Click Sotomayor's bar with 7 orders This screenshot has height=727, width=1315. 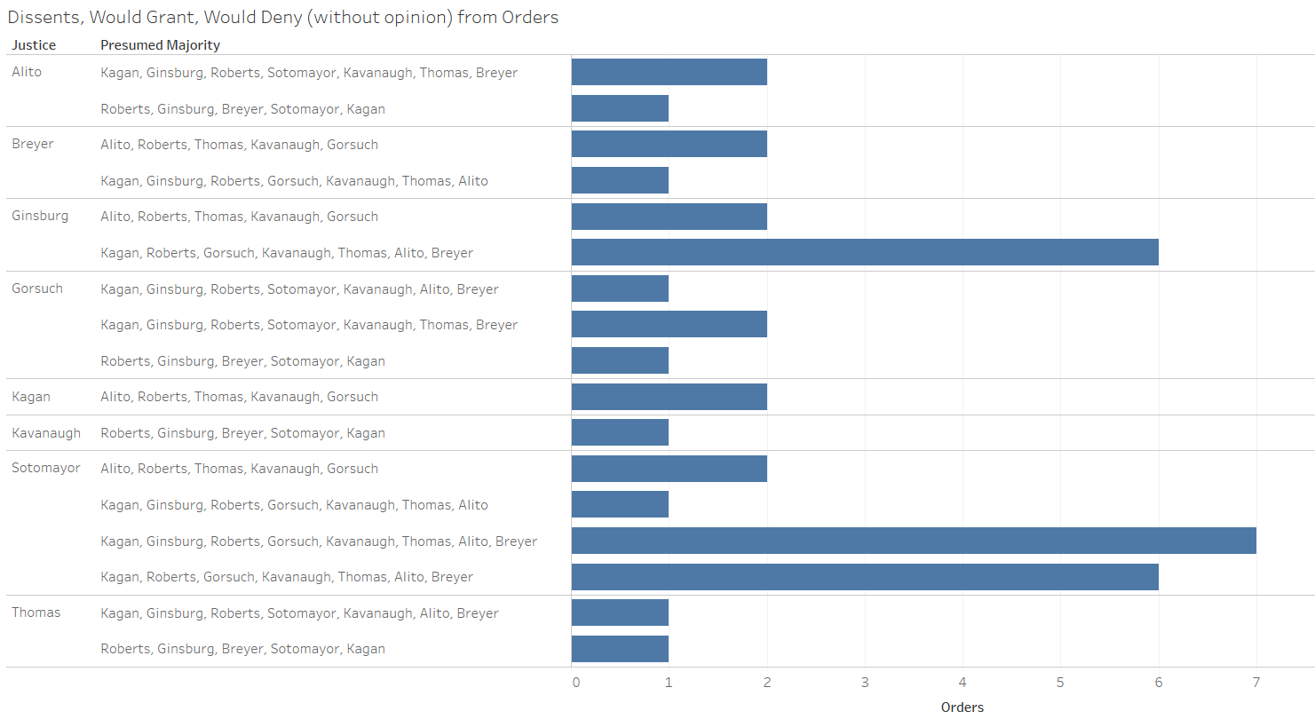[x=914, y=541]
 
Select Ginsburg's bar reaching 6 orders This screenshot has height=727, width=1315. [x=865, y=252]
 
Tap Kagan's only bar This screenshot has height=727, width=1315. [x=669, y=397]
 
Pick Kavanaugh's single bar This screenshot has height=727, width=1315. [x=620, y=432]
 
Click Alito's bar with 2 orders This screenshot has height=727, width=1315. [x=669, y=72]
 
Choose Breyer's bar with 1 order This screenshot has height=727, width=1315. [x=620, y=180]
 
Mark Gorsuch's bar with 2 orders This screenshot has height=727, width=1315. [x=669, y=324]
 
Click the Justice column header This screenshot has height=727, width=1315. [x=34, y=45]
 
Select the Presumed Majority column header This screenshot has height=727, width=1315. [x=160, y=45]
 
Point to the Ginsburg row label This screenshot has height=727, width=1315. [x=40, y=216]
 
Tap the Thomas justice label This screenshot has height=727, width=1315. [x=36, y=612]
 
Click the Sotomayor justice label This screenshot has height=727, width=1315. [x=46, y=468]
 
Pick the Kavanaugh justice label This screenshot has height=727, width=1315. [x=46, y=433]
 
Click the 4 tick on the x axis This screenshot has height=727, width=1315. [x=962, y=683]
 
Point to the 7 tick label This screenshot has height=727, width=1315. [x=1256, y=683]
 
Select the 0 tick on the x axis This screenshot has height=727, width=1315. [x=576, y=683]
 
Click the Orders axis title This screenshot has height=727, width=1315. [x=962, y=707]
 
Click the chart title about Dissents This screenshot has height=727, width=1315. [x=283, y=17]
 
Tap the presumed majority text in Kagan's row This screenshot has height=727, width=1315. [x=240, y=397]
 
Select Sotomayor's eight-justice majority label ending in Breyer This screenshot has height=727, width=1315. [x=319, y=541]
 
